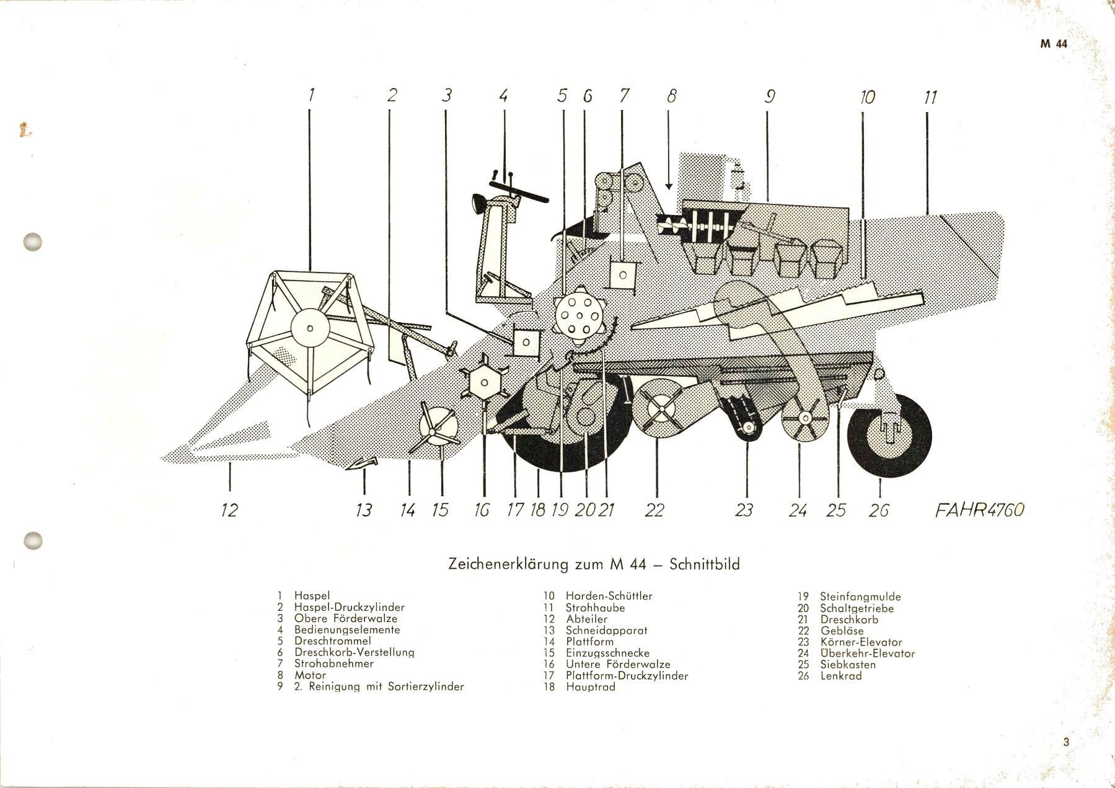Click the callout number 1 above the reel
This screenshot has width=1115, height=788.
click(x=311, y=95)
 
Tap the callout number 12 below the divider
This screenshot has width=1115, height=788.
click(x=229, y=510)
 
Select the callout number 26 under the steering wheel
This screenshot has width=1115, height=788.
click(x=879, y=510)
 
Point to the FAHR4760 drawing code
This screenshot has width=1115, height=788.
click(x=979, y=509)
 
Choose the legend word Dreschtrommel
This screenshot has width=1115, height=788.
click(x=333, y=641)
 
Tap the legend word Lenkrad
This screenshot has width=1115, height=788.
click(x=840, y=675)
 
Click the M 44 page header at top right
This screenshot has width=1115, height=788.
click(x=1053, y=44)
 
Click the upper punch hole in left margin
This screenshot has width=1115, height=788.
click(x=32, y=242)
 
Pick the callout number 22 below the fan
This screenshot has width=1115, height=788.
click(x=654, y=510)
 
